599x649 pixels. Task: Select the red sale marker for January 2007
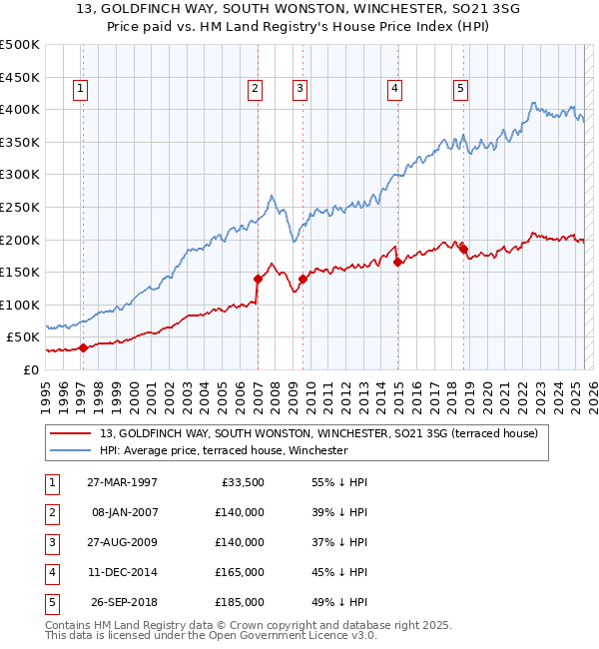[x=258, y=279]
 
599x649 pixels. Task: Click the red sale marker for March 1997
[x=84, y=347]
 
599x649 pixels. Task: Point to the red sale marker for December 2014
[x=398, y=263]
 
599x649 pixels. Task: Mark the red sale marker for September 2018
[x=464, y=247]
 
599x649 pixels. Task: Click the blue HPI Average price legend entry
[x=223, y=450]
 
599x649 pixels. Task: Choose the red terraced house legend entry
[x=318, y=433]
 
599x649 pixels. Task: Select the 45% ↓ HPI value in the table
[x=339, y=572]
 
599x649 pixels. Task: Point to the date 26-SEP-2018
[x=124, y=602]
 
